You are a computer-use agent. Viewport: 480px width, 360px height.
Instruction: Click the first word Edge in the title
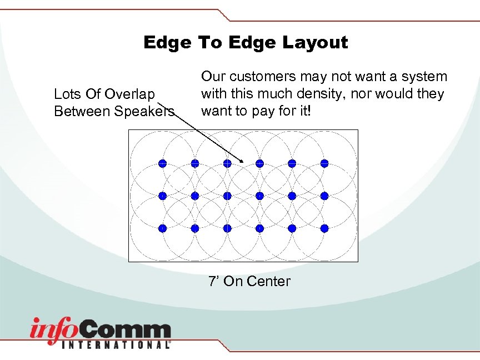pyautogui.click(x=166, y=43)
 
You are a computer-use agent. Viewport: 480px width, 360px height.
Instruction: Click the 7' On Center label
pyautogui.click(x=249, y=281)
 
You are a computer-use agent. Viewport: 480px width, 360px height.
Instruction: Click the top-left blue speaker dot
pyautogui.click(x=162, y=163)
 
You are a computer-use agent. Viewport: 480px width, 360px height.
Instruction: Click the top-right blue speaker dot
pyautogui.click(x=324, y=163)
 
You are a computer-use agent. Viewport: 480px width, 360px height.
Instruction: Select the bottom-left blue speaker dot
pyautogui.click(x=162, y=228)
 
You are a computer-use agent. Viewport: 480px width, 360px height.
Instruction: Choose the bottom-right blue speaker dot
pyautogui.click(x=324, y=228)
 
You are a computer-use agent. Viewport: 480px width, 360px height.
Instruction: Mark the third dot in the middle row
pyautogui.click(x=227, y=196)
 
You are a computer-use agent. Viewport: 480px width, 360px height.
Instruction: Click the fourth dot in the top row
pyautogui.click(x=259, y=163)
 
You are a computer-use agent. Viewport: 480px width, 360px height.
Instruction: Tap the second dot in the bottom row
pyautogui.click(x=195, y=228)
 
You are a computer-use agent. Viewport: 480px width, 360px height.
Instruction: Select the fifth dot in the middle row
pyautogui.click(x=292, y=196)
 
